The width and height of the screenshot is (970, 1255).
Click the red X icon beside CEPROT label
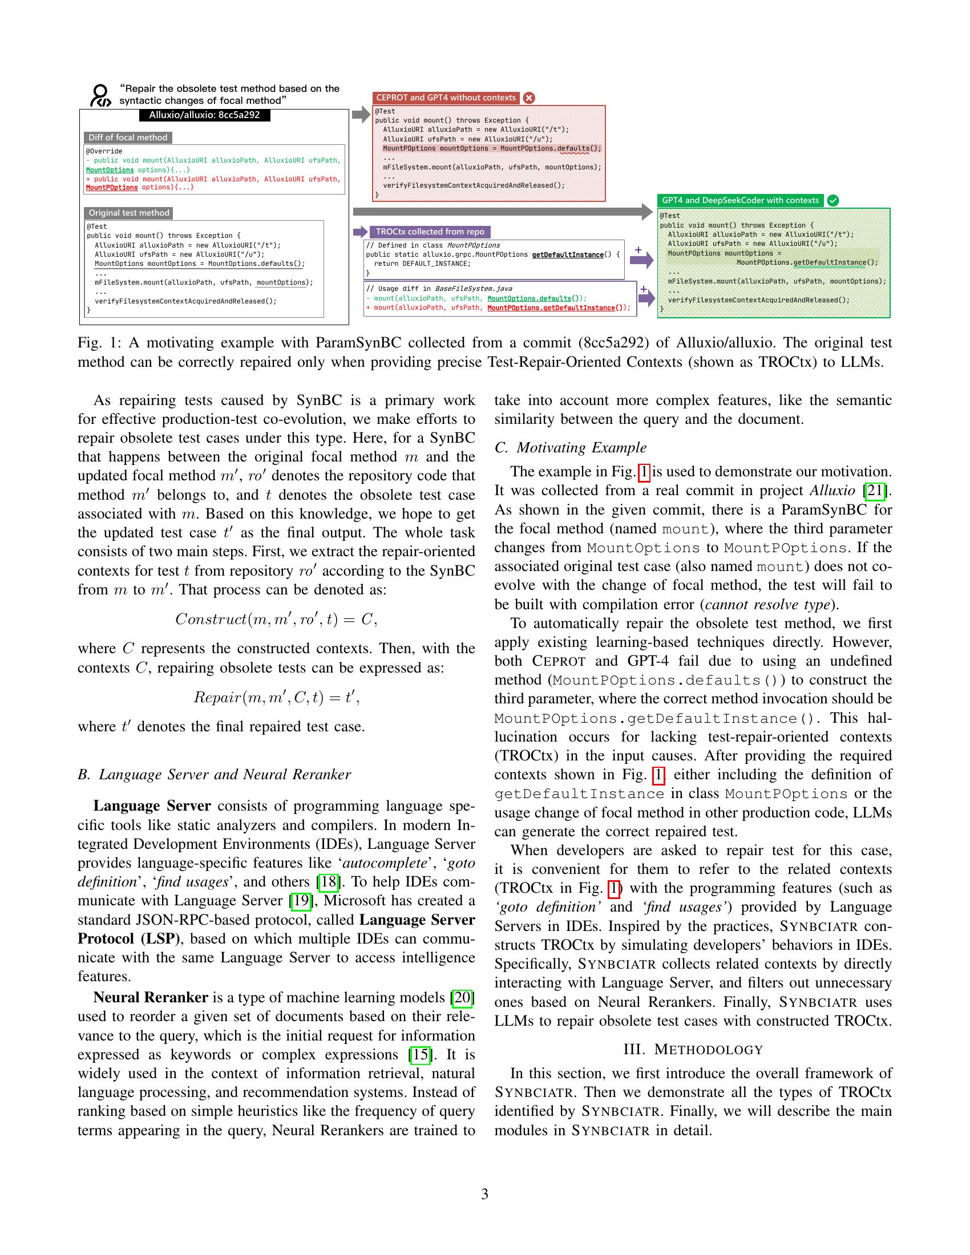(529, 98)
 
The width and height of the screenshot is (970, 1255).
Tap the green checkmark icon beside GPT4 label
(832, 201)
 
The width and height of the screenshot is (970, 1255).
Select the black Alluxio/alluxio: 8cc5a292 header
(204, 115)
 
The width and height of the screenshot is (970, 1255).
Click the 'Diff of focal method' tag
(128, 138)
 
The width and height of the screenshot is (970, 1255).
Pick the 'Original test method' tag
(129, 213)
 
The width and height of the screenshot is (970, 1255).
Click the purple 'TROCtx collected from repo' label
(430, 232)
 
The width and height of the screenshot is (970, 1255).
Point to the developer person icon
(100, 95)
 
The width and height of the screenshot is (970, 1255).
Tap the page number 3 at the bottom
(484, 1194)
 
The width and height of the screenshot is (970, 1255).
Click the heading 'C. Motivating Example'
(570, 447)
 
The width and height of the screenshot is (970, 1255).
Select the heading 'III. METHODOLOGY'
(693, 1049)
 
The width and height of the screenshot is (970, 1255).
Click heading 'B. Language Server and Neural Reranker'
(214, 774)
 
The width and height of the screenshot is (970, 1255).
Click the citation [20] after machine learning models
(463, 997)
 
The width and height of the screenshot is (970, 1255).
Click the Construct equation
(276, 619)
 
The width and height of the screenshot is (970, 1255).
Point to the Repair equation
(276, 698)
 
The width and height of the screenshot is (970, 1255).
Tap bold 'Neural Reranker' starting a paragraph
(151, 997)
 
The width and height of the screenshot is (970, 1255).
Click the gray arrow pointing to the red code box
(361, 114)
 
